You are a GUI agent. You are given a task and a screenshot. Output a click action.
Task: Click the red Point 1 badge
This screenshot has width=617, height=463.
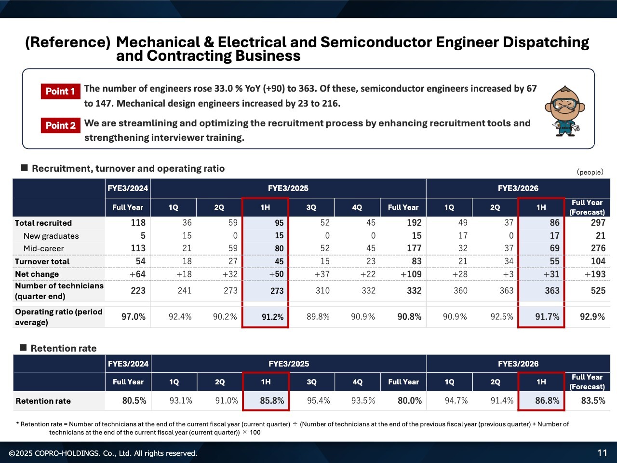(60, 91)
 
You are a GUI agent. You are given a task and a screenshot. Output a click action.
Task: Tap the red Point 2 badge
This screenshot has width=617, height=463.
(60, 125)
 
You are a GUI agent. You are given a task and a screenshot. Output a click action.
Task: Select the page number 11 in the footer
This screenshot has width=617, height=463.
(602, 453)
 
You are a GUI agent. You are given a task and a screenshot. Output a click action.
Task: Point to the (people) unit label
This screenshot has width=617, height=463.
(590, 172)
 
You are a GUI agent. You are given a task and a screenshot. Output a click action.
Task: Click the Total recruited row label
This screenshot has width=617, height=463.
(43, 223)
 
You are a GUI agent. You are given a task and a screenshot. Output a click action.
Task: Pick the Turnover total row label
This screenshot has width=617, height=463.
(42, 261)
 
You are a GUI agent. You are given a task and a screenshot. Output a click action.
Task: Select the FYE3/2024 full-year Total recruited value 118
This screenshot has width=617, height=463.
(138, 223)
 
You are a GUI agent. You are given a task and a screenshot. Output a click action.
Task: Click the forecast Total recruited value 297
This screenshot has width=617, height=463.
(598, 223)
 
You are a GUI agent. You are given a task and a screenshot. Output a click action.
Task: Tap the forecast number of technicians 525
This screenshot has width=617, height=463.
(598, 291)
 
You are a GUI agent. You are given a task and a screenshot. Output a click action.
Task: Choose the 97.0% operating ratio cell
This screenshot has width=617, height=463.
(133, 317)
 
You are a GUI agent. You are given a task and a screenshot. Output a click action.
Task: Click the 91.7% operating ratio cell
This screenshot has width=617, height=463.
(547, 317)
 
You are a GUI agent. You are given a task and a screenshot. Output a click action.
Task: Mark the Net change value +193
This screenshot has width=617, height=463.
(595, 274)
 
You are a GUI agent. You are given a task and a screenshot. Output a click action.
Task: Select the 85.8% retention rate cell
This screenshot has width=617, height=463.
(272, 401)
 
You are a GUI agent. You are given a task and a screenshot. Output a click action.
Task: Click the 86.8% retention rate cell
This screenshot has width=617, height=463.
(547, 401)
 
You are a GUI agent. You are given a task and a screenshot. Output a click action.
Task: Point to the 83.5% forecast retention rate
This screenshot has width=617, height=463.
(593, 401)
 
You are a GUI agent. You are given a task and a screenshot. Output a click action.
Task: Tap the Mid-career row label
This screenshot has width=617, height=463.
(43, 248)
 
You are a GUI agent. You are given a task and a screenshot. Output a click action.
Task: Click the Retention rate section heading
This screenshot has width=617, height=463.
(63, 348)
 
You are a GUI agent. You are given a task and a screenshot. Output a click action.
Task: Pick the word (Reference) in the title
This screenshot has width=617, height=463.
(67, 42)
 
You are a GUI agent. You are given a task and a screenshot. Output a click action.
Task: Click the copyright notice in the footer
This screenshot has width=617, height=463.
(103, 453)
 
